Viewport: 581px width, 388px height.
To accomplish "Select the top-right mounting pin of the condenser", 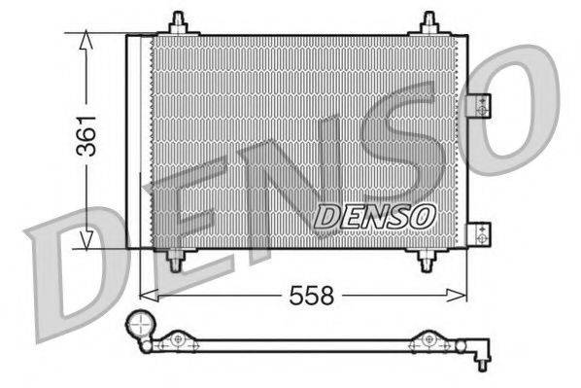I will pyautogui.click(x=429, y=22).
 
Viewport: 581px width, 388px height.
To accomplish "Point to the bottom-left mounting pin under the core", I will pyautogui.click(x=176, y=260).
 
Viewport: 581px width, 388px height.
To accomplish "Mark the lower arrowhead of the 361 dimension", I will pyautogui.click(x=87, y=238).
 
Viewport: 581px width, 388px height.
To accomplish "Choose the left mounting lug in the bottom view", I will pyautogui.click(x=177, y=338).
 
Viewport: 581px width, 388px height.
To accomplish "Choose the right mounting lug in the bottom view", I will pyautogui.click(x=427, y=338).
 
